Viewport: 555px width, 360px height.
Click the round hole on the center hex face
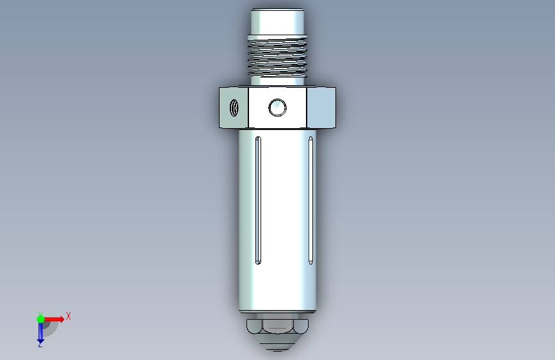[x=277, y=108]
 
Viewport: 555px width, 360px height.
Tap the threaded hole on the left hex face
[x=234, y=108]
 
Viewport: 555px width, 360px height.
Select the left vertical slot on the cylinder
[x=258, y=200]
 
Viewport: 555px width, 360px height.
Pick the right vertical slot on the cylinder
[x=310, y=200]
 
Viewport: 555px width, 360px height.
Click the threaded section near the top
[x=277, y=57]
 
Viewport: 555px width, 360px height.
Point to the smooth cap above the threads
[x=277, y=22]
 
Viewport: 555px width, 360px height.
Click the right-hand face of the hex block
[x=321, y=108]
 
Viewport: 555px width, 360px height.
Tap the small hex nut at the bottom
[x=277, y=326]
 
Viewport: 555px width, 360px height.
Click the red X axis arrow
[x=54, y=319]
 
